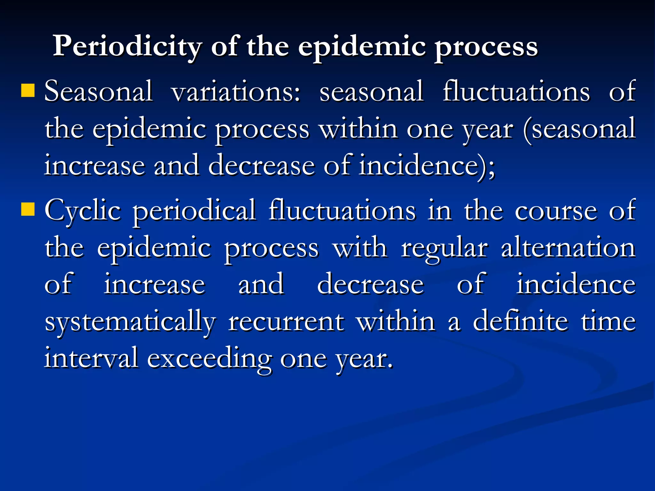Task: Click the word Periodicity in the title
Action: (x=127, y=47)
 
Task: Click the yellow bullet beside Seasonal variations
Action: (x=28, y=90)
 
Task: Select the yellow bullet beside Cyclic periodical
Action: (x=28, y=209)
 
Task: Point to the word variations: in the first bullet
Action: (x=236, y=92)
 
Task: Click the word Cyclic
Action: (x=83, y=211)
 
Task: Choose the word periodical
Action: (x=194, y=211)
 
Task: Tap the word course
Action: (x=556, y=211)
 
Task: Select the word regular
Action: (x=445, y=249)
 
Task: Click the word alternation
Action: (x=568, y=248)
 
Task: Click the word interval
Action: (x=91, y=358)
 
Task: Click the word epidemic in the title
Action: (x=362, y=47)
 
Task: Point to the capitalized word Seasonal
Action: (x=98, y=92)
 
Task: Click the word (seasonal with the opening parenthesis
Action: (x=579, y=129)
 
